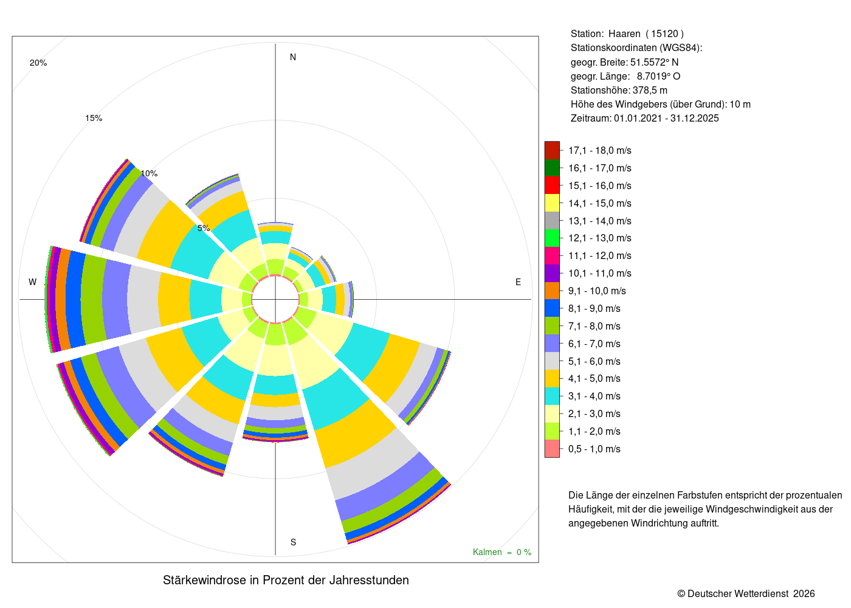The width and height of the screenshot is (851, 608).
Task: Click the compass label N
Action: pos(293,57)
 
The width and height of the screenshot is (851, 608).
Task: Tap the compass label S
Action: pos(293,542)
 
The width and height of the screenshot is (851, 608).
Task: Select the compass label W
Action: pos(33,282)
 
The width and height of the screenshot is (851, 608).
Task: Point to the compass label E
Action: pos(518,282)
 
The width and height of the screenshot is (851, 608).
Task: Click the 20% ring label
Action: pos(38,63)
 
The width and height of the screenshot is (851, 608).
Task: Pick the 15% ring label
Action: pos(94,118)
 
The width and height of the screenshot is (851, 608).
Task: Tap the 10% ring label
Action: pos(149,174)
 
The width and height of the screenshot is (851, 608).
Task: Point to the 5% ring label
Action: pos(204,228)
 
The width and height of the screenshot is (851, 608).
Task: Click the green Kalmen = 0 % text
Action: pos(502,552)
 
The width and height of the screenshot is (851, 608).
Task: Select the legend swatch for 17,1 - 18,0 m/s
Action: pos(552,150)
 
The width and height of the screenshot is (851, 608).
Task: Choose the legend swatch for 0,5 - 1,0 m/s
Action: pos(552,449)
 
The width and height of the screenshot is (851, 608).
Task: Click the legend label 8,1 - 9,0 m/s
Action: pos(594,309)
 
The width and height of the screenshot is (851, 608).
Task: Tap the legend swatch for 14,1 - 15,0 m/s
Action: pos(552,203)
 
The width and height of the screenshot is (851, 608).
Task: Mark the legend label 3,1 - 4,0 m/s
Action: pos(594,396)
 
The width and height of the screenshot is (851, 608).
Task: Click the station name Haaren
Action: pos(624,34)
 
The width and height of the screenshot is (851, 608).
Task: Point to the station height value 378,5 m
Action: pos(650,91)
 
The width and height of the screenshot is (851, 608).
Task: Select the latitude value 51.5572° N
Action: pos(654,62)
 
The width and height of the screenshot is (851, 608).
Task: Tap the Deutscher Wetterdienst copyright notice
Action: pos(746,594)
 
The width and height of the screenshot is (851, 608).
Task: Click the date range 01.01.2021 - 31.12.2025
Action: pos(666,118)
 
